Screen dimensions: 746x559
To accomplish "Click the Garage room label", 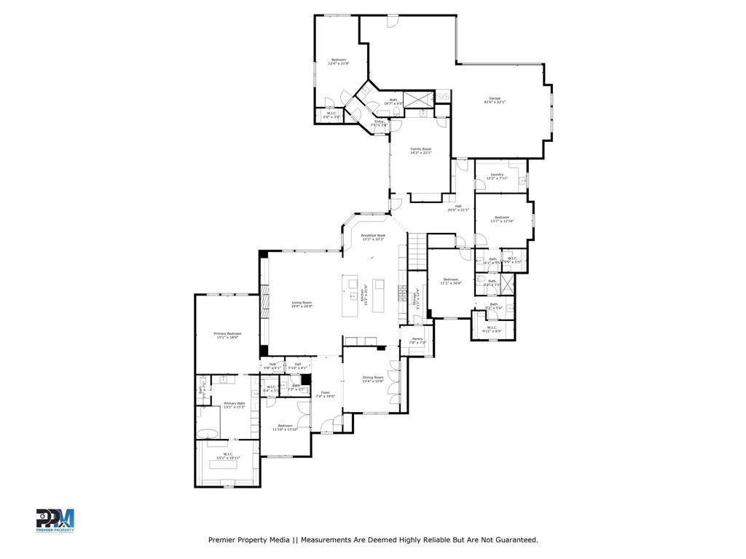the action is coord(495,100).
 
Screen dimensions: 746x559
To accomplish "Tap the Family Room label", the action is coord(420,151).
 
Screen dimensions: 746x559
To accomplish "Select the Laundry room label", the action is coord(497,176).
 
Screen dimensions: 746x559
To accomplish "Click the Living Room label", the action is coord(302,304).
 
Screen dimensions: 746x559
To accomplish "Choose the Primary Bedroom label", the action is coord(228,336).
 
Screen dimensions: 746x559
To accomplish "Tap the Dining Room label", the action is coord(373,379).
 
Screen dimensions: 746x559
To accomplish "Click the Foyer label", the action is coord(326,395).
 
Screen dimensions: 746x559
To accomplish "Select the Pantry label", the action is coord(417,341).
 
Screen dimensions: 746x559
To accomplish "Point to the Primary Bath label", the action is coord(234,405).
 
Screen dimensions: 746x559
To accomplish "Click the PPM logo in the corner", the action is coord(55,520).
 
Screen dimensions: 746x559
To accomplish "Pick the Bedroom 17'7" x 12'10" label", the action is coord(502,219).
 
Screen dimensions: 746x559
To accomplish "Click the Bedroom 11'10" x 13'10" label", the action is coord(284,427).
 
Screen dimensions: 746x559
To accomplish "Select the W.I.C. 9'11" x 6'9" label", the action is coord(492,329).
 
